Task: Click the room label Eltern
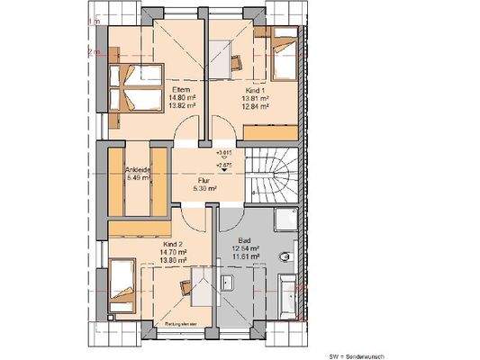tap(178, 89)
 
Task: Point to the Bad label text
tap(246, 240)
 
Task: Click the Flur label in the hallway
tap(204, 180)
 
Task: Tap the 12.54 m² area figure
tap(246, 248)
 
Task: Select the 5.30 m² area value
tap(204, 189)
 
